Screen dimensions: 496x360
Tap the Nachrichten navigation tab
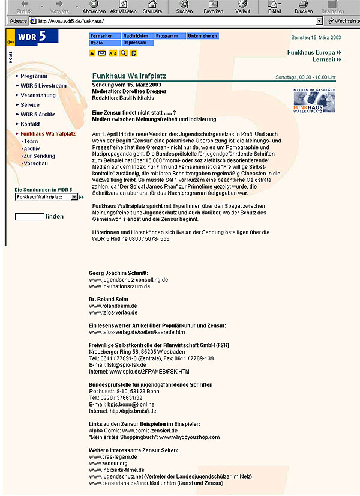pyautogui.click(x=136, y=36)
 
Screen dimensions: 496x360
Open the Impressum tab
pyautogui.click(x=136, y=43)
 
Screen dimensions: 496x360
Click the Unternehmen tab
pyautogui.click(x=202, y=36)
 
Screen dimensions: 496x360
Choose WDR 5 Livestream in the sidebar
pyautogui.click(x=43, y=86)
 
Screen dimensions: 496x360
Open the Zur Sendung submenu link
pyautogui.click(x=39, y=156)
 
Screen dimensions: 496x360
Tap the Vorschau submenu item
pyautogui.click(x=35, y=163)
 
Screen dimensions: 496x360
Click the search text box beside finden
pyautogui.click(x=29, y=216)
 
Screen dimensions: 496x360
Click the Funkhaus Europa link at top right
pyautogui.click(x=311, y=52)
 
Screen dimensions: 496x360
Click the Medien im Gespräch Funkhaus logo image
pyautogui.click(x=314, y=99)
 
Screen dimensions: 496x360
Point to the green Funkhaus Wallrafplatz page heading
pyautogui.click(x=129, y=76)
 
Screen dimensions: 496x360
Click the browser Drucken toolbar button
pyautogui.click(x=304, y=7)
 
